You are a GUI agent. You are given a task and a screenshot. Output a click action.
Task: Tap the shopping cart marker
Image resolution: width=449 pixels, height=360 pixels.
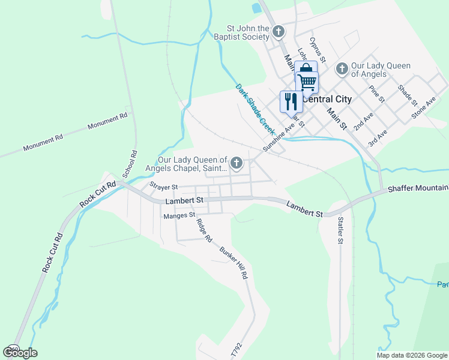307,81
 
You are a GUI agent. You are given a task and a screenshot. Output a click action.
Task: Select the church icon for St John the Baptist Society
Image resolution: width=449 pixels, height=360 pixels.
279,31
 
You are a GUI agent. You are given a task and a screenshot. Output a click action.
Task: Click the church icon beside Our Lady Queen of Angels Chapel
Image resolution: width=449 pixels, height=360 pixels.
237,162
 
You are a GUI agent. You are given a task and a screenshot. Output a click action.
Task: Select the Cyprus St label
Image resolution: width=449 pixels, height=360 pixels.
317,50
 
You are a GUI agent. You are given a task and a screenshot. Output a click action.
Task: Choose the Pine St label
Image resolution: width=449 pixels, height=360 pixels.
376,92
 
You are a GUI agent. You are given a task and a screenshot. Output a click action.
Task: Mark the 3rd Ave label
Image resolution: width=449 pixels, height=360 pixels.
378,139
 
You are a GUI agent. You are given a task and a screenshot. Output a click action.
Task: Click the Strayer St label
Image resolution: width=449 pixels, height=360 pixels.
164,187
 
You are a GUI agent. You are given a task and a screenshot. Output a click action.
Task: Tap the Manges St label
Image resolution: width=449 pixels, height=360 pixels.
179,214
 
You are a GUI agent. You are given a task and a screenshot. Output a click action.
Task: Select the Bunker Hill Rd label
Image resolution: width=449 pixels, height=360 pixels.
234,263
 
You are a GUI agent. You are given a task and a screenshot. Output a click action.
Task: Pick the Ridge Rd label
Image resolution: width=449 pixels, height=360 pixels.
205,230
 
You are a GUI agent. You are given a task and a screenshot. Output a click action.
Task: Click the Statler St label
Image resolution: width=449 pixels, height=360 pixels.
340,230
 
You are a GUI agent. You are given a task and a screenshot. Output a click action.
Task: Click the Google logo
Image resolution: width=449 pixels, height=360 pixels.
20,352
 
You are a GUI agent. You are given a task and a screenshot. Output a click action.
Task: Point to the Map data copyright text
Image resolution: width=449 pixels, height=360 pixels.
411,355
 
